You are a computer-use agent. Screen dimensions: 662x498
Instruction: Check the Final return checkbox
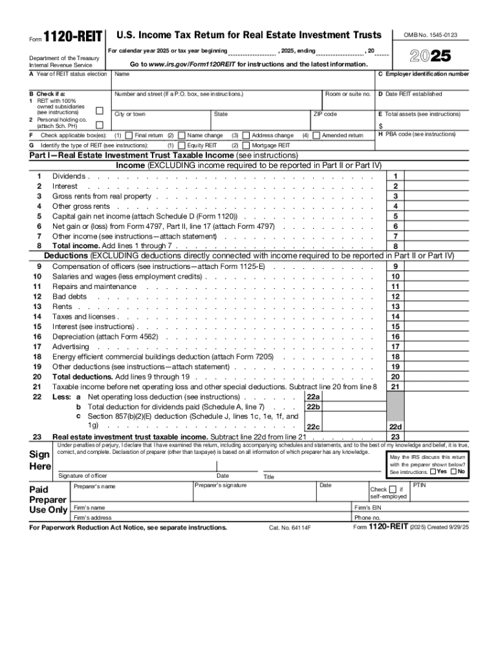[130, 136]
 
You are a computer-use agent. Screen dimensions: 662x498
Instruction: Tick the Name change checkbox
[182, 136]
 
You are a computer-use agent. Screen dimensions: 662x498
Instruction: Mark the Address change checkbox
[246, 136]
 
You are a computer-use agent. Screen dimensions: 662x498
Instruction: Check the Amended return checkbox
[316, 136]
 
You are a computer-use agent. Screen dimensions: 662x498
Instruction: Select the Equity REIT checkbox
[182, 145]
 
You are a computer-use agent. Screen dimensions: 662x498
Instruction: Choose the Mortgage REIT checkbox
[246, 145]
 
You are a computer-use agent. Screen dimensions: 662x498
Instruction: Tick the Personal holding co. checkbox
[100, 123]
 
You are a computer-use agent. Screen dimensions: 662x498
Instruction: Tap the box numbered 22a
[313, 396]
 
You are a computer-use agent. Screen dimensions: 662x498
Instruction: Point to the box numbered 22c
[313, 427]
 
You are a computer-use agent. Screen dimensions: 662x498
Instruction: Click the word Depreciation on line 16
[73, 337]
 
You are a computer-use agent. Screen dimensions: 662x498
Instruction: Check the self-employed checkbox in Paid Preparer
[393, 489]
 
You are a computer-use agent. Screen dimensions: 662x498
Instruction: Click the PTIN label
[419, 485]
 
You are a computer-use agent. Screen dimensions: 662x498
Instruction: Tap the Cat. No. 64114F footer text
[290, 528]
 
